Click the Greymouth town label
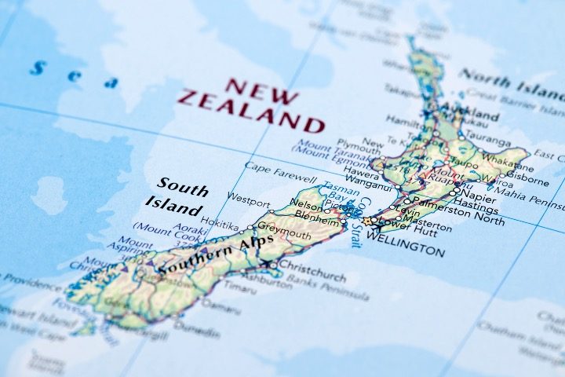click(284, 232)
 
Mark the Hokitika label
click(219, 223)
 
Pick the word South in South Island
click(183, 188)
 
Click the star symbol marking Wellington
click(366, 221)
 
